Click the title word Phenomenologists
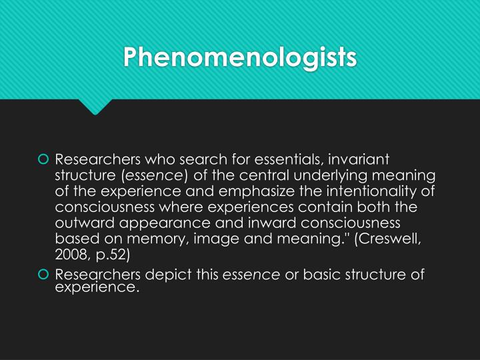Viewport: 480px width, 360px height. pyautogui.click(x=240, y=57)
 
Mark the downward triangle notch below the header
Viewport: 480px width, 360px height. pyautogui.click(x=95, y=107)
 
